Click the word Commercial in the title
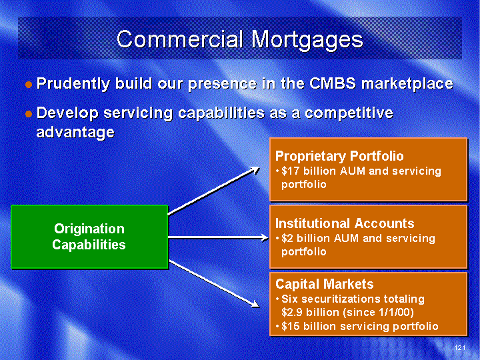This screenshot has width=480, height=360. pos(180,39)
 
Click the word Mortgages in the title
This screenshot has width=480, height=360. pos(307,41)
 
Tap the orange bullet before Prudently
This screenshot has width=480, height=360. pos(29,85)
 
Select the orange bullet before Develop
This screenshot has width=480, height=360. pos(29,114)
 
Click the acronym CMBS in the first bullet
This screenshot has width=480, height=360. pos(333,83)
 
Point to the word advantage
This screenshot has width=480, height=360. pos(75,133)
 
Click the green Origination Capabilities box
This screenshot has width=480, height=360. pos(89,237)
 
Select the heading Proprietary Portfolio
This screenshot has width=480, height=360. pos(339,156)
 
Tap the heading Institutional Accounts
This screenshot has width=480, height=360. pos(345,223)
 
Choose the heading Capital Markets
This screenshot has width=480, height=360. pos(324,284)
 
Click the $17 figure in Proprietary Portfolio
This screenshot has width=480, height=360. pos(291,171)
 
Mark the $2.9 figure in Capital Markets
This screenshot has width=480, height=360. pos(293,313)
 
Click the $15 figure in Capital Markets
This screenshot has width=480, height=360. pos(291,327)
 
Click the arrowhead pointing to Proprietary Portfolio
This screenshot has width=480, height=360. pos(255,170)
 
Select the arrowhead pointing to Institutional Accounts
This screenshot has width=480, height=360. pos(265,237)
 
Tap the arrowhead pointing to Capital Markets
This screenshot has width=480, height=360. pos(255,304)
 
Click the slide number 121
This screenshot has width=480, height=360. pos(460,347)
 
